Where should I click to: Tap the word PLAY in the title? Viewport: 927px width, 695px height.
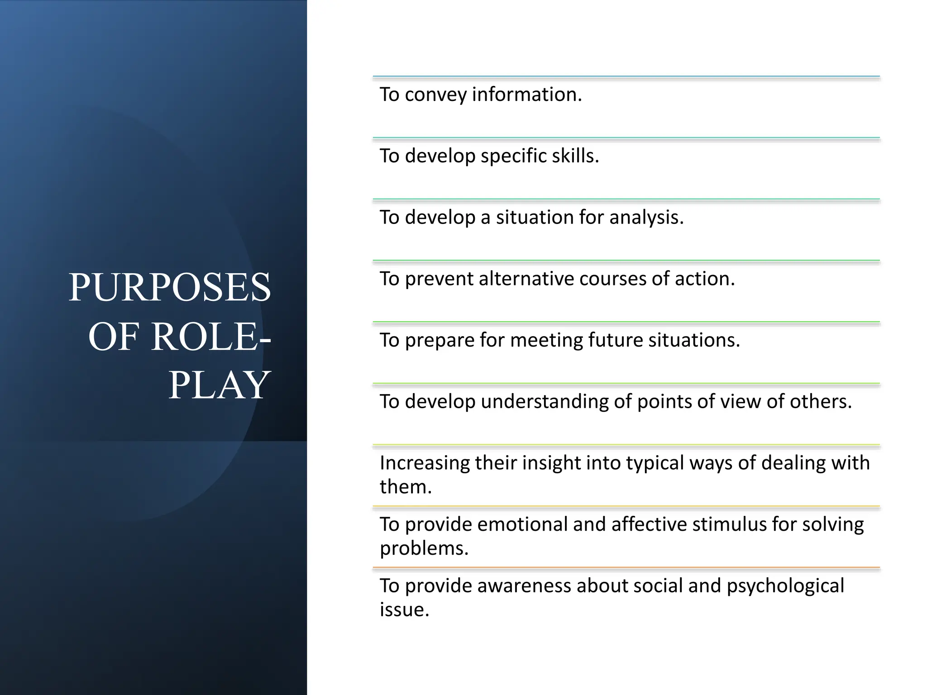click(x=220, y=385)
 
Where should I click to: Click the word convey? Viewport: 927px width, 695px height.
click(x=435, y=95)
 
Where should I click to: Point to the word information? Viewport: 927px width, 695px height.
click(x=527, y=95)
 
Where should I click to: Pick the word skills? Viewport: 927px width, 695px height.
click(x=575, y=156)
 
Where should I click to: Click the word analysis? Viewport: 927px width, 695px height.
click(x=646, y=218)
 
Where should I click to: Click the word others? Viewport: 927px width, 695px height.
click(x=821, y=402)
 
